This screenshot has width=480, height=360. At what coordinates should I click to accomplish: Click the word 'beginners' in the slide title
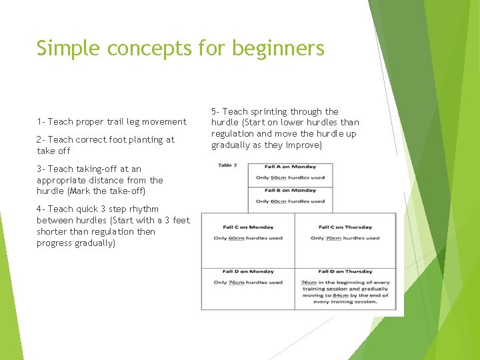[285, 49]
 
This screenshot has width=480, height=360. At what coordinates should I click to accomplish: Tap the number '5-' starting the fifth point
[215, 111]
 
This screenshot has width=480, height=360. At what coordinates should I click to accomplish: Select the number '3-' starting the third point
[41, 169]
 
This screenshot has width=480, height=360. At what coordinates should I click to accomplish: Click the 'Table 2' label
[227, 165]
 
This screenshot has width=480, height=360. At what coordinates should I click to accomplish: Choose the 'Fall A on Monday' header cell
[290, 166]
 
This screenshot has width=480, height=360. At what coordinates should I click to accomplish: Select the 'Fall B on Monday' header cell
[290, 190]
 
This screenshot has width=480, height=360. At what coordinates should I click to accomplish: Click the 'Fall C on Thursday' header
[345, 227]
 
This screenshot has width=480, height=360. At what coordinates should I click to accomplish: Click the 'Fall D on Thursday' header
[345, 271]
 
